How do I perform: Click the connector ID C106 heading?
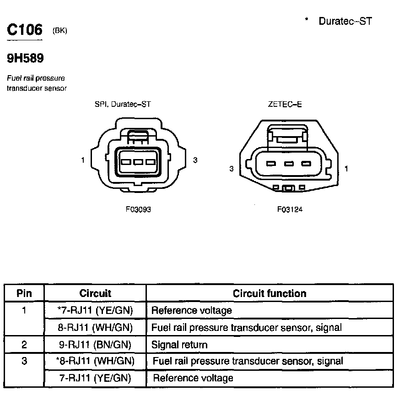click(25, 30)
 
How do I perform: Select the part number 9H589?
click(25, 58)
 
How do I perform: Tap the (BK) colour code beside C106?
click(60, 31)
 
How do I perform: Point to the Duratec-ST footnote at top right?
click(345, 21)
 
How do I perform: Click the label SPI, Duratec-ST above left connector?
click(122, 104)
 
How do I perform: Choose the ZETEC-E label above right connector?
click(285, 104)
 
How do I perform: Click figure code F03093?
click(138, 209)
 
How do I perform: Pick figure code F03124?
click(290, 209)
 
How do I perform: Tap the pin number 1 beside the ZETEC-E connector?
click(346, 169)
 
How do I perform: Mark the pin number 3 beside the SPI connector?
click(195, 160)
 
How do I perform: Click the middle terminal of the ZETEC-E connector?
click(288, 164)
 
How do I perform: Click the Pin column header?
click(24, 293)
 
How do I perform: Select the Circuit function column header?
click(270, 293)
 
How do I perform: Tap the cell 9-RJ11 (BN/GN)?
click(95, 345)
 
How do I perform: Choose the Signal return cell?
click(179, 345)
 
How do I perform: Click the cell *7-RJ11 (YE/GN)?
click(95, 311)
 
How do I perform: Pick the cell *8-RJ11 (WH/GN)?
click(96, 361)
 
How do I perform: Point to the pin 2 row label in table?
click(24, 345)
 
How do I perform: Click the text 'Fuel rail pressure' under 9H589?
click(36, 78)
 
